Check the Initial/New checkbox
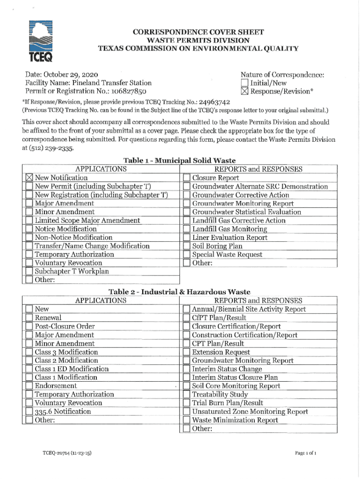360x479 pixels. (x=244, y=83)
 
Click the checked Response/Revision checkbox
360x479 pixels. (x=244, y=91)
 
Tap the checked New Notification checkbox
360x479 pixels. (x=29, y=178)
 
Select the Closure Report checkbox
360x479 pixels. (x=186, y=178)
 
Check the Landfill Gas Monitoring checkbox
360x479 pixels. (x=186, y=229)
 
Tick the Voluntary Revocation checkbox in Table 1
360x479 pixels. (x=29, y=263)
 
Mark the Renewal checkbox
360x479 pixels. (x=29, y=318)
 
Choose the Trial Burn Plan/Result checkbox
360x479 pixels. (x=186, y=403)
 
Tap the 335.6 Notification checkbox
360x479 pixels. (x=29, y=412)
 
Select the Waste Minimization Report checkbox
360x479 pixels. (x=186, y=420)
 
